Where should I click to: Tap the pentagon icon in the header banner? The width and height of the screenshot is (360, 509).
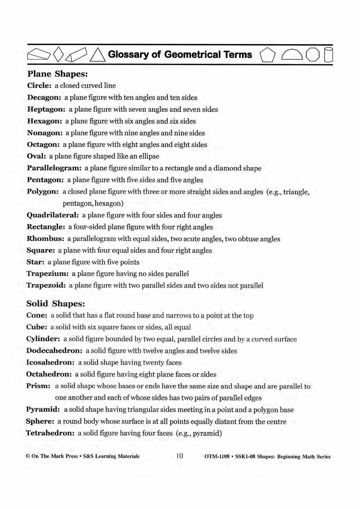click(x=267, y=55)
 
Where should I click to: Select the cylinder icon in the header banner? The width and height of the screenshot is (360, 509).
click(x=328, y=55)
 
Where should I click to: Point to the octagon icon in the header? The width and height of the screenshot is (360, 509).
click(x=313, y=55)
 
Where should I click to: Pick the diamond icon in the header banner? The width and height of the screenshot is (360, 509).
click(x=59, y=54)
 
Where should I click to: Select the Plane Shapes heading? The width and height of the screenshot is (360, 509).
click(x=57, y=74)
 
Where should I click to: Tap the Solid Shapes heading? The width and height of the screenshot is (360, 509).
click(x=55, y=304)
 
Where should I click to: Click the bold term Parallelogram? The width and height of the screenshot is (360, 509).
click(x=54, y=168)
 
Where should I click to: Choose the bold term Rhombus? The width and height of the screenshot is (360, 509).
click(x=45, y=239)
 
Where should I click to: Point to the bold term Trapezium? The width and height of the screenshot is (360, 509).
click(x=47, y=274)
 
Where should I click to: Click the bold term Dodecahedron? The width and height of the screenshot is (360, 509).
click(x=54, y=351)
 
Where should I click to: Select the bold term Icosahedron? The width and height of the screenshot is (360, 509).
click(x=50, y=362)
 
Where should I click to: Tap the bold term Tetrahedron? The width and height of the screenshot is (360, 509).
click(x=50, y=433)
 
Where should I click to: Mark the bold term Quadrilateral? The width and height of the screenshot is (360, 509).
click(x=53, y=215)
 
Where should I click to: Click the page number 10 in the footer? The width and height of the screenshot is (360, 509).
click(x=180, y=456)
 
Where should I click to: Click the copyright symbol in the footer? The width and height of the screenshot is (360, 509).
click(x=28, y=456)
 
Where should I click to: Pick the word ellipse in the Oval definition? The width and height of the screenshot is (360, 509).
click(x=149, y=156)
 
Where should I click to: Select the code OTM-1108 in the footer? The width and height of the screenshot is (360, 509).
click(x=217, y=456)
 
